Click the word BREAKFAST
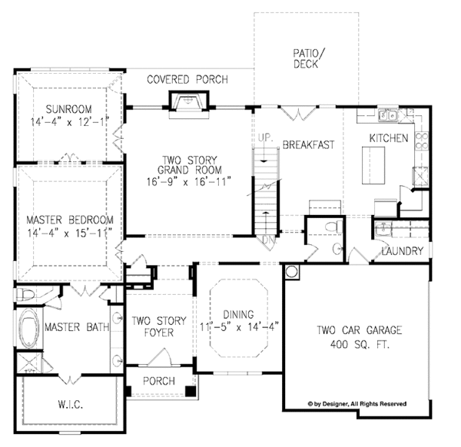pyautogui.click(x=307, y=145)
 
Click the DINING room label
pyautogui.click(x=238, y=313)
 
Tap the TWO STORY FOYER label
pyautogui.click(x=153, y=327)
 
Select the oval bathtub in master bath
pyautogui.click(x=30, y=327)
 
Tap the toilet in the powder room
pyautogui.click(x=330, y=228)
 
